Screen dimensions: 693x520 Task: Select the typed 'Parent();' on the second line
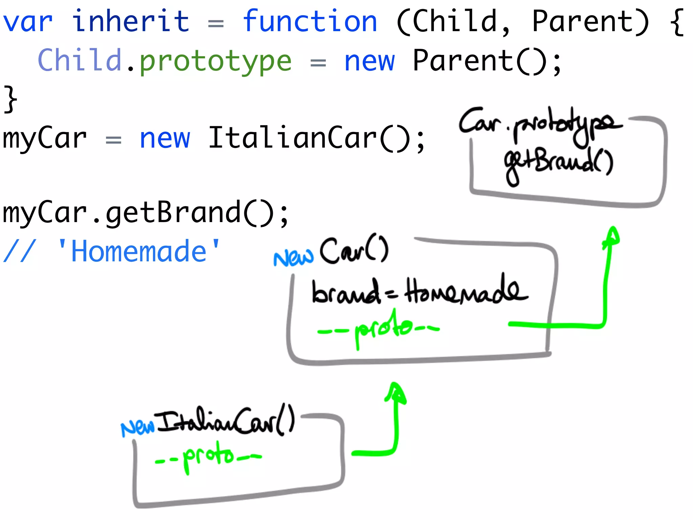(x=487, y=61)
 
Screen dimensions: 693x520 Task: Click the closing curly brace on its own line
(x=10, y=99)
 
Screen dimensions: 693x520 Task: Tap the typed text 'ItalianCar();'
(x=316, y=138)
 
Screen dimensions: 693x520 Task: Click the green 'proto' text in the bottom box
(x=208, y=456)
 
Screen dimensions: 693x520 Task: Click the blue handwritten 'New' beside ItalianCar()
(x=137, y=428)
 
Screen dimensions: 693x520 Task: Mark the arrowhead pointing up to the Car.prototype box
(x=612, y=235)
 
